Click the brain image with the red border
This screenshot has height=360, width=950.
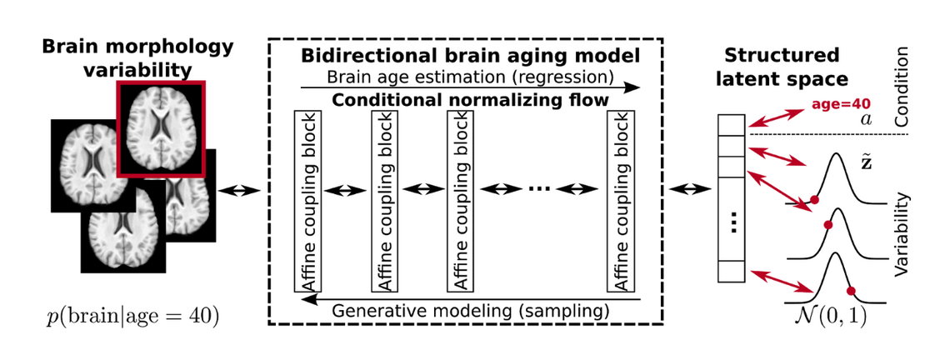click(x=159, y=129)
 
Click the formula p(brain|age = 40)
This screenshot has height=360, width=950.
click(x=132, y=317)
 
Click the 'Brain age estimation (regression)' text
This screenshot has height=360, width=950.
click(x=471, y=77)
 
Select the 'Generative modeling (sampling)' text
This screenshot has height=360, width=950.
click(x=471, y=310)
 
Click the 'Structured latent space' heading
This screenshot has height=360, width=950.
click(x=781, y=67)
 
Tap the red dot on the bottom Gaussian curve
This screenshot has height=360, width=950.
click(x=851, y=291)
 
